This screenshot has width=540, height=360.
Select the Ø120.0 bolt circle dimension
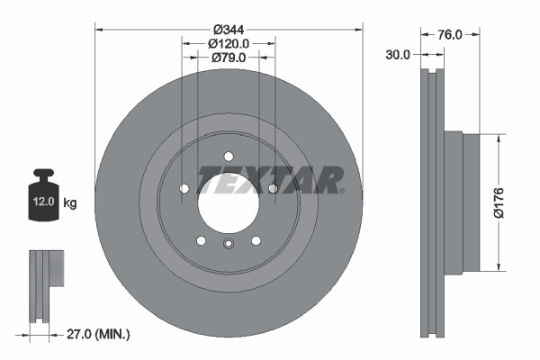(x=229, y=42)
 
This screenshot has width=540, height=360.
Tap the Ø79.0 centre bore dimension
(x=229, y=58)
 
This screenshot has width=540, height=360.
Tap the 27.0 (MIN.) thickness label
(x=98, y=334)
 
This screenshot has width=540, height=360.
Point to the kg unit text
(x=70, y=203)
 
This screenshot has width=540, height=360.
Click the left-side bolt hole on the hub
(x=184, y=188)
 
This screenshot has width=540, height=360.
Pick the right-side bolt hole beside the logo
(x=273, y=188)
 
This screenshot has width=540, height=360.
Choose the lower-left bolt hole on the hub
(x=202, y=240)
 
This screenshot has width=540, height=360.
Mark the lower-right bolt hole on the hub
(x=256, y=240)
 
